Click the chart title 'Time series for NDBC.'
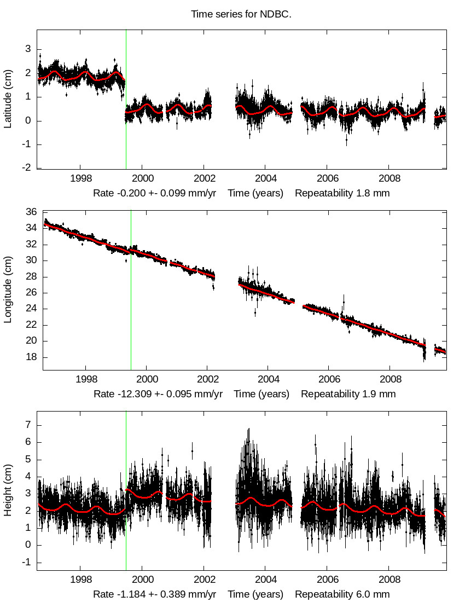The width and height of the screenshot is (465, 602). tap(241, 14)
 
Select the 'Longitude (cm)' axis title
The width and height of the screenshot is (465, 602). tap(8, 291)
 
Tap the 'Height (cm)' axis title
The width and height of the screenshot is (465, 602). tap(8, 491)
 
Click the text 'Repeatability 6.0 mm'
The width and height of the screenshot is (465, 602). tap(342, 594)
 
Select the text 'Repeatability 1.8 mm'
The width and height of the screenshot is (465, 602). tap(342, 193)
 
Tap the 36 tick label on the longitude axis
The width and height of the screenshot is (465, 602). tap(31, 212)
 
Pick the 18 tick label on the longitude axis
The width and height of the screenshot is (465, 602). tap(31, 357)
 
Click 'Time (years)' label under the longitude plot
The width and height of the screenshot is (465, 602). tap(261, 394)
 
